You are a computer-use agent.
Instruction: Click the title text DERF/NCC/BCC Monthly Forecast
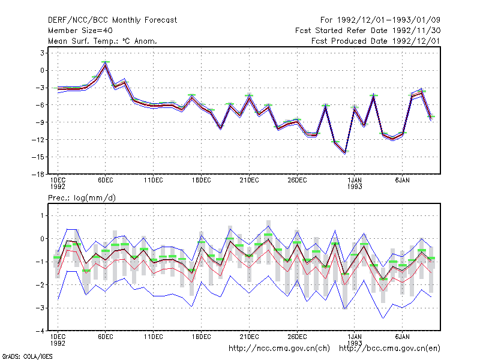[x=112, y=20]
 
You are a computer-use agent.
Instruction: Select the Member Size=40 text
[x=80, y=31]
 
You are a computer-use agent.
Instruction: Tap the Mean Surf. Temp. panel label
[x=102, y=41]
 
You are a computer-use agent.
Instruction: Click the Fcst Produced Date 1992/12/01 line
[x=376, y=41]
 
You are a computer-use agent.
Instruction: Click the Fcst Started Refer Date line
[x=368, y=31]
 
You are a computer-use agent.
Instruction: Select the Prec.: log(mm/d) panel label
[x=82, y=198]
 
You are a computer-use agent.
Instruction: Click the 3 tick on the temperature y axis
[x=42, y=53]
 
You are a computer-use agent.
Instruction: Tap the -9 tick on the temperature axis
[x=40, y=122]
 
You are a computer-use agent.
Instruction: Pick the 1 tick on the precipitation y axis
[x=43, y=216]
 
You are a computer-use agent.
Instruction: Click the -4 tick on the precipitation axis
[x=40, y=331]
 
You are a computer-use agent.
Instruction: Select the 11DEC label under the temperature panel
[x=154, y=181]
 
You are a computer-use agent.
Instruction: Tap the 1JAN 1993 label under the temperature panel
[x=355, y=184]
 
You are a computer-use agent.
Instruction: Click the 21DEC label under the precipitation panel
[x=249, y=337]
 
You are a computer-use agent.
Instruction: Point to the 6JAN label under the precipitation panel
[x=402, y=337]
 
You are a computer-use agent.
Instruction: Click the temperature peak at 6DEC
[x=106, y=64]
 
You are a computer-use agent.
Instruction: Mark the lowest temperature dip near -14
[x=346, y=153]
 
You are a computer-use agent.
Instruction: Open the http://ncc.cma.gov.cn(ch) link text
[x=279, y=349]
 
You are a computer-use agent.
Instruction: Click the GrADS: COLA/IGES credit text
[x=27, y=356]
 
